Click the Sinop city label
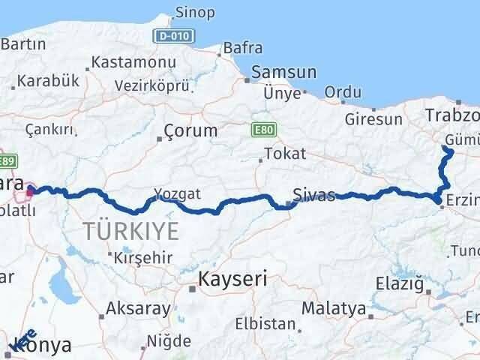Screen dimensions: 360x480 [x=194, y=13]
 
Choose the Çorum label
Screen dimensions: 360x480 [x=191, y=130]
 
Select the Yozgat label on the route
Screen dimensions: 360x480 [x=178, y=193]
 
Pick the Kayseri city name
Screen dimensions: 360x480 [x=232, y=280]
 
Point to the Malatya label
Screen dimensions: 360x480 [x=334, y=308]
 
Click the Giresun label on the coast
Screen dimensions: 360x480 [x=373, y=118]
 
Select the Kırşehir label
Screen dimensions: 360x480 [x=143, y=258]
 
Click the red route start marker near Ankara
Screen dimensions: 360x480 [x=30, y=191]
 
